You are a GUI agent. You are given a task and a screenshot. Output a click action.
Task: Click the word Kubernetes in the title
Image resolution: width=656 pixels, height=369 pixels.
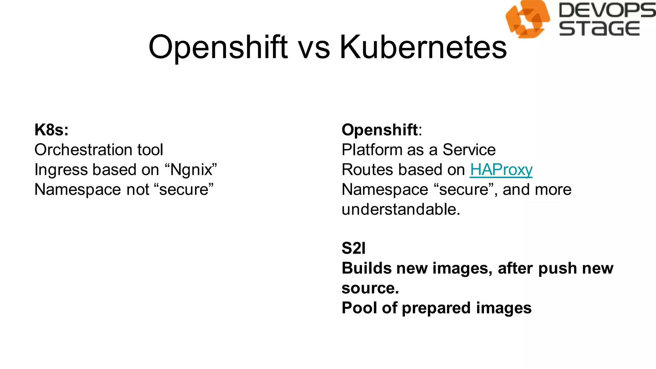point(423,47)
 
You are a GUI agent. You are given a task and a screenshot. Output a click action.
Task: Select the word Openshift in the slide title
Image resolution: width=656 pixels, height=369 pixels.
point(218,47)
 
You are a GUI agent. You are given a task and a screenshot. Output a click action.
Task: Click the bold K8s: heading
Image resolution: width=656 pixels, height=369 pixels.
point(52,130)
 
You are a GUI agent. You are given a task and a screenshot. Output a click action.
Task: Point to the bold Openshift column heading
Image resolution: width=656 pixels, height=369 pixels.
point(380,130)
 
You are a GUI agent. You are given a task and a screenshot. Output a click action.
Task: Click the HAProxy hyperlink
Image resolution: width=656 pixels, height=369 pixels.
point(501,169)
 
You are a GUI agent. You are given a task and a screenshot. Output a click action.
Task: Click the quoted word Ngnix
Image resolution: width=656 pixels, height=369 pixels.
point(191,169)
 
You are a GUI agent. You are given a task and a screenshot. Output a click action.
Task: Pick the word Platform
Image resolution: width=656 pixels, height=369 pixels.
point(367,150)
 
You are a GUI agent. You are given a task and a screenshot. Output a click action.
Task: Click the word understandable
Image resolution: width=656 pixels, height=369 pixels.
point(400,209)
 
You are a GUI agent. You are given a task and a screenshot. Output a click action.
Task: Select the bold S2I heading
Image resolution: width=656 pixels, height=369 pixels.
point(353,248)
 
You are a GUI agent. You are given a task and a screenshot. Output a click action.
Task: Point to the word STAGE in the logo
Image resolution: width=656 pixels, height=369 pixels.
point(599,29)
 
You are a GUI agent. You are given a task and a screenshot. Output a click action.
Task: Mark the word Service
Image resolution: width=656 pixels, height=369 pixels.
point(469,150)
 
